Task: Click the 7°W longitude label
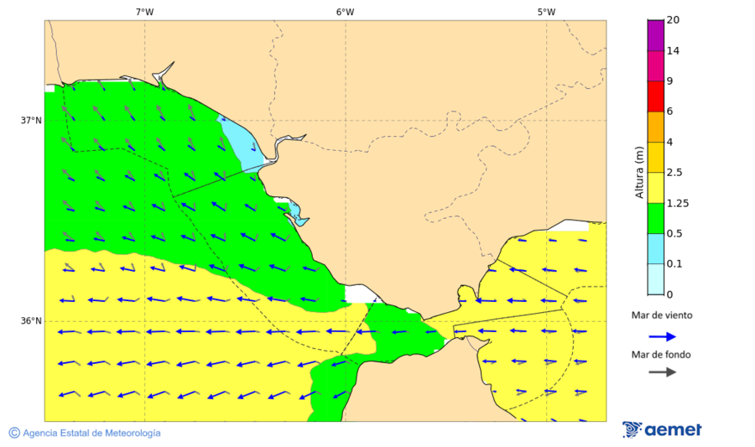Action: [144, 12]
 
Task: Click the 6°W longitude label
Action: [345, 12]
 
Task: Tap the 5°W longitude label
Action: [546, 12]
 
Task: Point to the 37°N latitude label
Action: [31, 120]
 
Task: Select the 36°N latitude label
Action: [31, 321]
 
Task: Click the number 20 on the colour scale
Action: [672, 20]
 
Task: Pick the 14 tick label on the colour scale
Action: [672, 51]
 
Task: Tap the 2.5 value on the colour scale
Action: [674, 173]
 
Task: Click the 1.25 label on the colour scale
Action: [676, 203]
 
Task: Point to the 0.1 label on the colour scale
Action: [674, 264]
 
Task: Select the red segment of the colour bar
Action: [655, 96]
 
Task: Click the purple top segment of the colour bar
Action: [655, 35]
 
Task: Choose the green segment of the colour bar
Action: [655, 218]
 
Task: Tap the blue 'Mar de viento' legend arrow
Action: [662, 336]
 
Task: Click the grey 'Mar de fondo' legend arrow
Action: [662, 372]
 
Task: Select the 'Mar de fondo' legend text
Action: [662, 354]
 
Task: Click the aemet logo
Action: [662, 430]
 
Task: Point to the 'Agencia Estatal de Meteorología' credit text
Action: [85, 433]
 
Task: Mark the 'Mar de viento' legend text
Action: [662, 315]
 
